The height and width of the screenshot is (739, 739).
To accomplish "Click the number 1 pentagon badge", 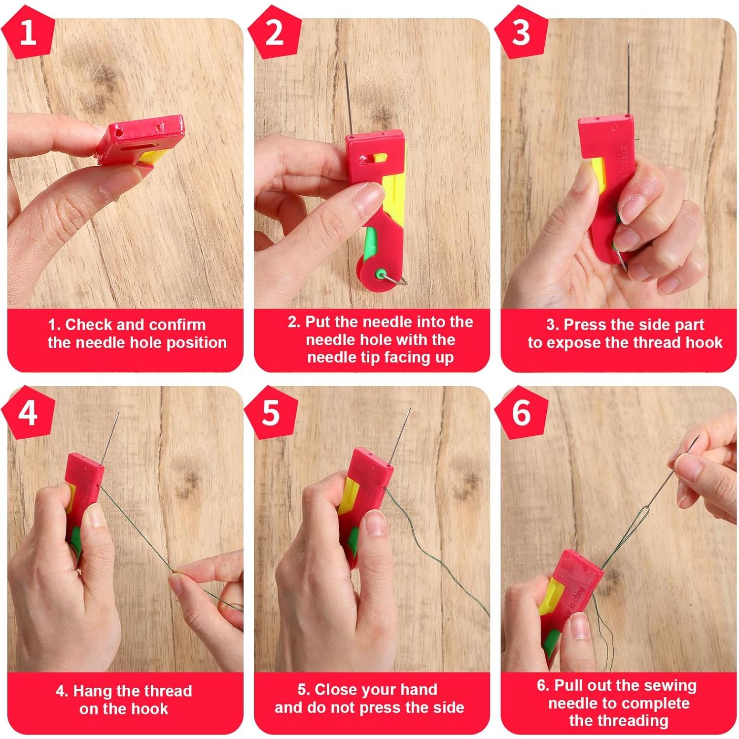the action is (x=28, y=33).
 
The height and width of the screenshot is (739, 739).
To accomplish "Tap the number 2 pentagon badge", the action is (x=274, y=33).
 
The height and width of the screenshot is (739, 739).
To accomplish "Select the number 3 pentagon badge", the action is (x=521, y=33).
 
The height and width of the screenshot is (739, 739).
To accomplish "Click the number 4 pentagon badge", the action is (x=28, y=412).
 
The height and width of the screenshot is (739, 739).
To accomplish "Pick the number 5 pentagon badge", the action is (x=271, y=412).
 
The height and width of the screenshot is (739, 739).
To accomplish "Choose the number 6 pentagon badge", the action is (x=521, y=412).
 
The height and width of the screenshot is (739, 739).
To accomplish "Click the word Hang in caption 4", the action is (x=91, y=692).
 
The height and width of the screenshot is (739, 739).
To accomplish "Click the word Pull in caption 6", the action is (x=569, y=685).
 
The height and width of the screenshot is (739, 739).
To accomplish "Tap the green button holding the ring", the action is (x=380, y=274).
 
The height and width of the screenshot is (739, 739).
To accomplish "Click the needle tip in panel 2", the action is (x=346, y=59).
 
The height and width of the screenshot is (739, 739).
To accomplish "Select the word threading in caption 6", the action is (x=619, y=721).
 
